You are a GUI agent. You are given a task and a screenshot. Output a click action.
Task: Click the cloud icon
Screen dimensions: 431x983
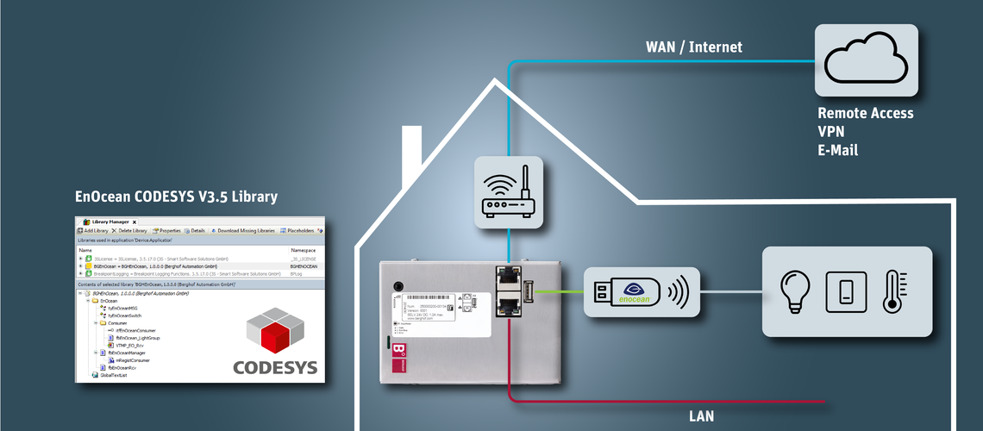coord(867,59)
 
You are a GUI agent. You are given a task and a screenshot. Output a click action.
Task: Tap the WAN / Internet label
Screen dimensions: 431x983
coord(694,47)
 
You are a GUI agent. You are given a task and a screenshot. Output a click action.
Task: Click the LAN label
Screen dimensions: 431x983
coord(701,416)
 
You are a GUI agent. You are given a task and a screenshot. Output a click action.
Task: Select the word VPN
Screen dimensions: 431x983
coord(831,132)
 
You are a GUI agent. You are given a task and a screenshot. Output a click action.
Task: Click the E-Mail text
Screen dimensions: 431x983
coord(838,151)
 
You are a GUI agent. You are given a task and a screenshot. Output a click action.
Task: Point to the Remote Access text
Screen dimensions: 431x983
coord(865,114)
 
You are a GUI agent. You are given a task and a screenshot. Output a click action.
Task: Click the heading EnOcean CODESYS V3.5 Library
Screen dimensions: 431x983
coord(176,197)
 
